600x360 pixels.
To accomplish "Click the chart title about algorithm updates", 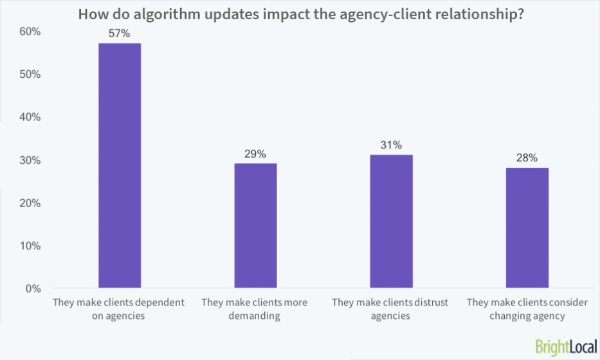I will (x=300, y=14).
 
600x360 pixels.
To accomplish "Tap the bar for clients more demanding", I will (x=255, y=225).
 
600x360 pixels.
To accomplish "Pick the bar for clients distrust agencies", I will (x=391, y=221).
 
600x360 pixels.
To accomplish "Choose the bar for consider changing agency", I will (x=527, y=228).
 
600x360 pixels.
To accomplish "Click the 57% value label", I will (x=120, y=34).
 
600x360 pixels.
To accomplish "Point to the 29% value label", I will (x=255, y=154).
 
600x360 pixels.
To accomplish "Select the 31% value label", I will (x=391, y=145).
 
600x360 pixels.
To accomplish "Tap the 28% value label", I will (x=527, y=158).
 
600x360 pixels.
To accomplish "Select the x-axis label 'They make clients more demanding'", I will (x=255, y=309).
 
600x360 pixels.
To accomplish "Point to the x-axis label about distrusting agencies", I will (x=391, y=309).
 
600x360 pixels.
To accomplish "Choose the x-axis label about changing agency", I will (x=527, y=309).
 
